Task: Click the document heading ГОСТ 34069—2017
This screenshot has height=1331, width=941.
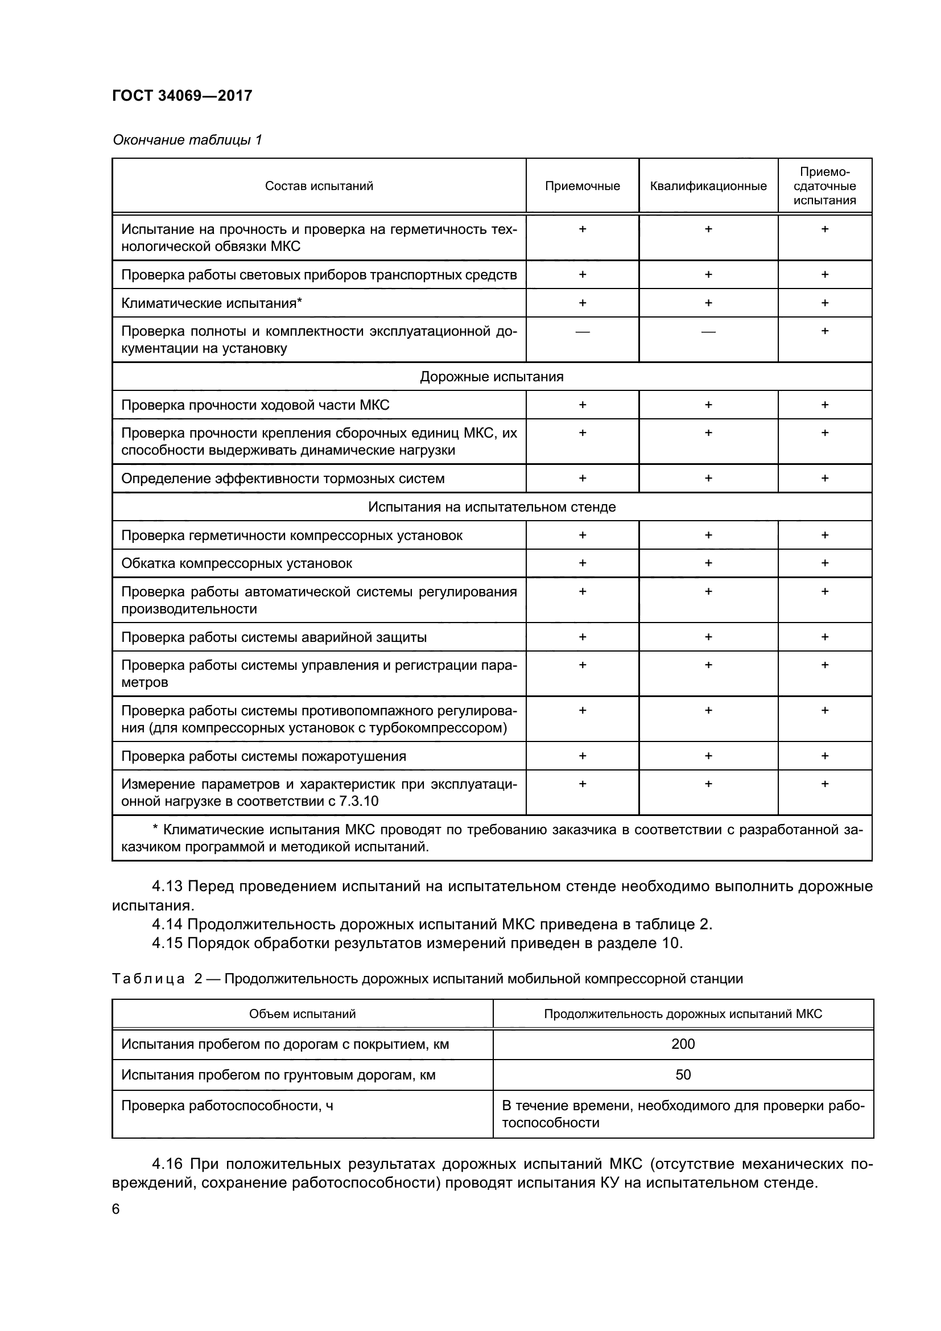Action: [x=182, y=96]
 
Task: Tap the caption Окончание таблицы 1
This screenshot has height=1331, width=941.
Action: [x=187, y=140]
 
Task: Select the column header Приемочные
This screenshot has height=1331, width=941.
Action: [x=582, y=186]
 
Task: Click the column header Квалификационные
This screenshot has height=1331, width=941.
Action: [x=708, y=186]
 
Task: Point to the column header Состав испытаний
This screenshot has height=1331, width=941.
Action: [x=319, y=186]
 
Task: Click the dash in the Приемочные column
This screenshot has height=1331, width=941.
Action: [x=583, y=332]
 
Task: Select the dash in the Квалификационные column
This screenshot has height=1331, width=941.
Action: [x=708, y=332]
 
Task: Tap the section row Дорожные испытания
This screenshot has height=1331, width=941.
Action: [x=492, y=377]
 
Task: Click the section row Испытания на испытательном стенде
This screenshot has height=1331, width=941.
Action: [x=492, y=506]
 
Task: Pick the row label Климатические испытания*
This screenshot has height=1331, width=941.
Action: [x=212, y=303]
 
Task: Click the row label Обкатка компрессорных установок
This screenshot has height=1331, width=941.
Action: [x=237, y=563]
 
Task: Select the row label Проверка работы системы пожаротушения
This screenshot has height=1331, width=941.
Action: [x=263, y=756]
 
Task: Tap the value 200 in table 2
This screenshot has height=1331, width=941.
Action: [x=683, y=1044]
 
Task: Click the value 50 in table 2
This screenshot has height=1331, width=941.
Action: [x=683, y=1075]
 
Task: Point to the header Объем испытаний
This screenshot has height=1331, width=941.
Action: [x=302, y=1014]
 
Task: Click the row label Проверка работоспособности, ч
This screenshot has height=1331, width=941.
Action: [x=227, y=1106]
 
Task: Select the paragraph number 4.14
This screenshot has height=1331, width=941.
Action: [x=167, y=924]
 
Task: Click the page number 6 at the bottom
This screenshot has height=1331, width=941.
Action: [x=116, y=1209]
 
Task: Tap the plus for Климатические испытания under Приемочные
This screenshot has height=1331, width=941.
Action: [x=583, y=303]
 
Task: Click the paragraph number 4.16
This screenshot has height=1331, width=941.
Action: [x=167, y=1164]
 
